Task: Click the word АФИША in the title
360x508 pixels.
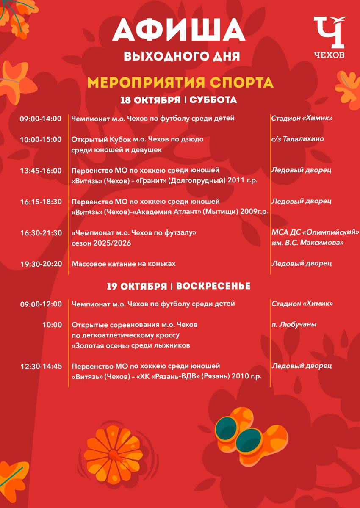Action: pos(179,32)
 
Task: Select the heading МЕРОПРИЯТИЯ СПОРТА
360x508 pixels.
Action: pos(180,82)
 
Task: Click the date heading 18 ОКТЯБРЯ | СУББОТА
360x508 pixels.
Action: pos(179,100)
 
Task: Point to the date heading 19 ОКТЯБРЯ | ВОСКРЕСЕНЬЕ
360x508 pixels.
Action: pos(178,287)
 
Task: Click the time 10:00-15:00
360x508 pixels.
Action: pos(41,139)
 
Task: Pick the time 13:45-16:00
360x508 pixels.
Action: pos(41,171)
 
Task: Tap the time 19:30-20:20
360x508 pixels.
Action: pos(41,264)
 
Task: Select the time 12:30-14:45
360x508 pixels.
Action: pos(41,366)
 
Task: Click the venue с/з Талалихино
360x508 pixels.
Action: pos(297,139)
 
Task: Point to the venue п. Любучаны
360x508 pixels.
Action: pos(294,325)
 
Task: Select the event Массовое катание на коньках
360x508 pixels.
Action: pos(123,264)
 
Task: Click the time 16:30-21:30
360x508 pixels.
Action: pos(41,233)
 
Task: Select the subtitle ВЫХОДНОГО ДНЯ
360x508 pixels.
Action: pos(182,56)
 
